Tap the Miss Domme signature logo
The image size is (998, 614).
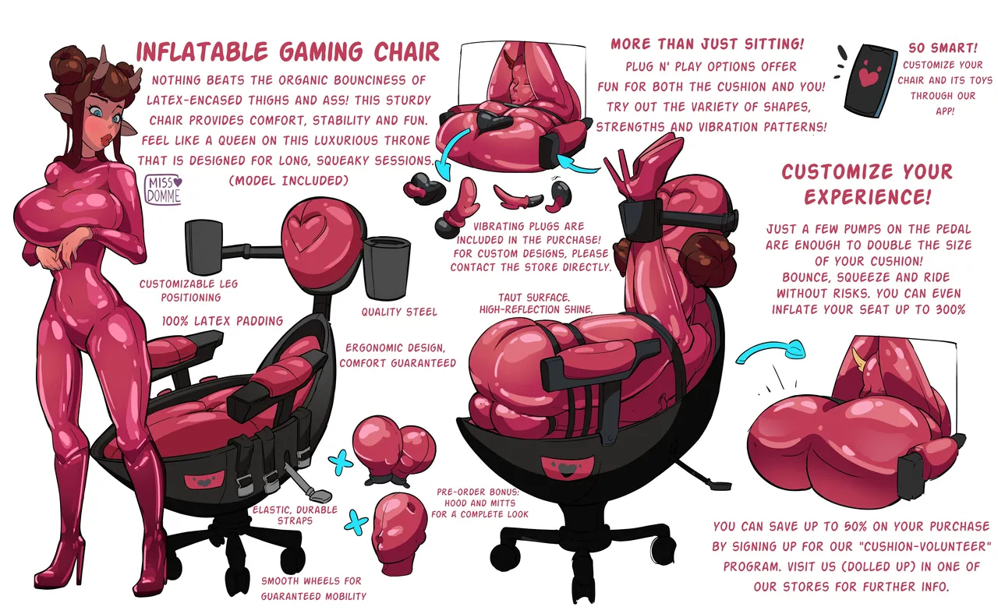point(163,190)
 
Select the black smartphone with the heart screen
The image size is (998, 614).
point(871,80)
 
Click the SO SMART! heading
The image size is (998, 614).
point(943,48)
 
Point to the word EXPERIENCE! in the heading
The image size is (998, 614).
point(868,196)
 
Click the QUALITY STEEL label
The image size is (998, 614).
point(399,312)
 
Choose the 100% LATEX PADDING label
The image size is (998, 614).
point(222,321)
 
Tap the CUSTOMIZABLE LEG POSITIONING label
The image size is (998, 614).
point(189,291)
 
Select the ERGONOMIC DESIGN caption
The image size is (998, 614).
point(398,355)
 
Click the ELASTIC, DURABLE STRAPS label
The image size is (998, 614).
point(295,515)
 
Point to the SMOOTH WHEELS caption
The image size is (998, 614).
point(313,588)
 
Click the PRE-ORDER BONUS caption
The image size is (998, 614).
point(480,503)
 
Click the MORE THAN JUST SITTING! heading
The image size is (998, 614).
point(707,44)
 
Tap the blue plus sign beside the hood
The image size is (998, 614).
point(356,522)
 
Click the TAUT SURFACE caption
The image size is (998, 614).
point(536,303)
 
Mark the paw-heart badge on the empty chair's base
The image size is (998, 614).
point(203,482)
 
